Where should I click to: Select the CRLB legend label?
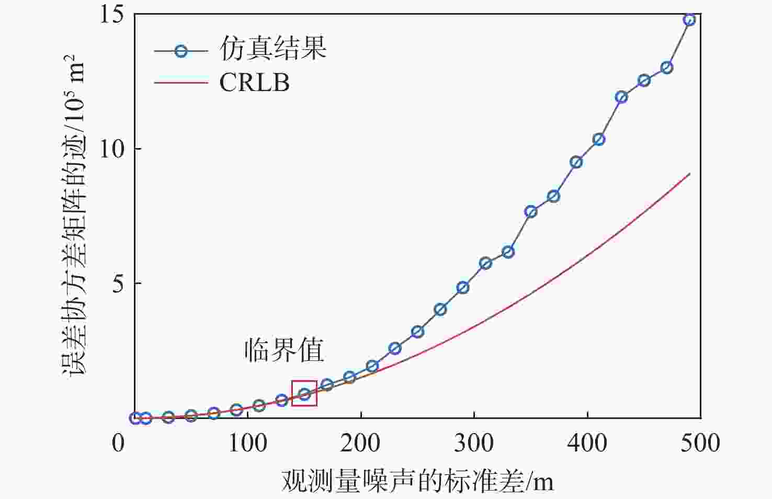254,83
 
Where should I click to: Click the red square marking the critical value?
304,393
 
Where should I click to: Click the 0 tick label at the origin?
118,443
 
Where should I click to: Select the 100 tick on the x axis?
248,443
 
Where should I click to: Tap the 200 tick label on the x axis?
361,443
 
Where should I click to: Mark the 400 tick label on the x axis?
587,443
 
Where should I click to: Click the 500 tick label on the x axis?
700,443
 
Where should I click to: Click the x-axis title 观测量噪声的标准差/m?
417,480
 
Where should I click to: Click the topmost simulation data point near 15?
689,20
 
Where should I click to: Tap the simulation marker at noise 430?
621,97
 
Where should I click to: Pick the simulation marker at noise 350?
531,211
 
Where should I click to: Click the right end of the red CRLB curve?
689,174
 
